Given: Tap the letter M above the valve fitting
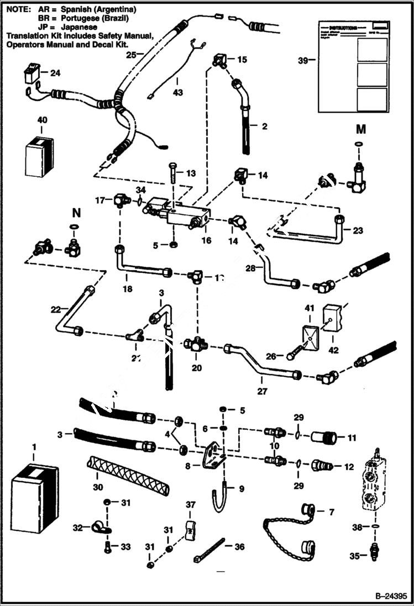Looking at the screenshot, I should click(x=360, y=130).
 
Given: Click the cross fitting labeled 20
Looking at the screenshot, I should click(x=197, y=345).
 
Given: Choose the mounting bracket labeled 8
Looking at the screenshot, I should click(x=212, y=456).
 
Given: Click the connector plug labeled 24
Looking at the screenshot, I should click(x=33, y=73).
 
